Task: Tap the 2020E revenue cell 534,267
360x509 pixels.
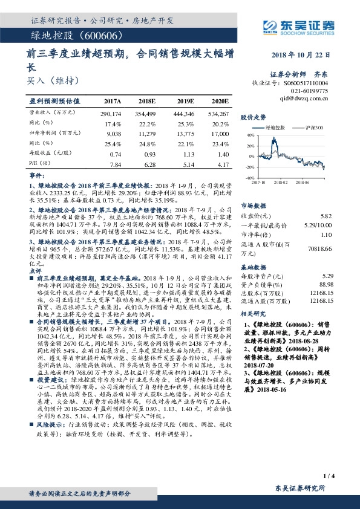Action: click(218, 114)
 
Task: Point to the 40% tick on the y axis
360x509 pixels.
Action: click(250, 137)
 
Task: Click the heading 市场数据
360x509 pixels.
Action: click(254, 205)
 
